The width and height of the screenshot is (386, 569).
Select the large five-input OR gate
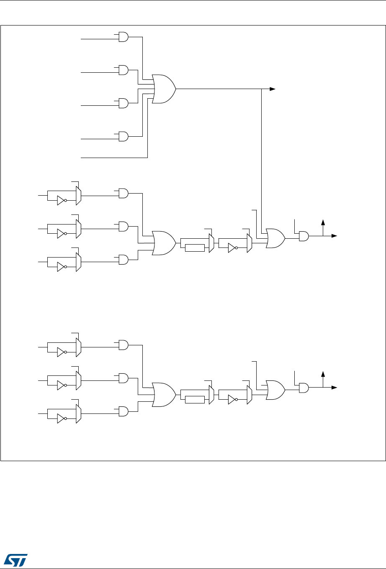coord(164,89)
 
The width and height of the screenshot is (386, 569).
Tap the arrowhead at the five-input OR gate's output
coord(273,89)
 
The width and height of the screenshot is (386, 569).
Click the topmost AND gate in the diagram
coord(124,37)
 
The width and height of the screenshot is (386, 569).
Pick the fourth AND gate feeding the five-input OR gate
coord(124,136)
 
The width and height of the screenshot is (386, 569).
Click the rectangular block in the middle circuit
coord(195,248)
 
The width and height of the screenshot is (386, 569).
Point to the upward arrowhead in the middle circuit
coord(323,221)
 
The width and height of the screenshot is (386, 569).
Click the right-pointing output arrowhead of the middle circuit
coord(335,236)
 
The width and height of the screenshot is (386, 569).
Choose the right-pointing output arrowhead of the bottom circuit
coord(335,388)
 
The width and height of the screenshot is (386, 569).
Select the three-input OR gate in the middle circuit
coord(164,243)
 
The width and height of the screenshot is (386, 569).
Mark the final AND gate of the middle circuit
coord(304,236)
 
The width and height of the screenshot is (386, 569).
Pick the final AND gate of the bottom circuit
coord(304,388)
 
